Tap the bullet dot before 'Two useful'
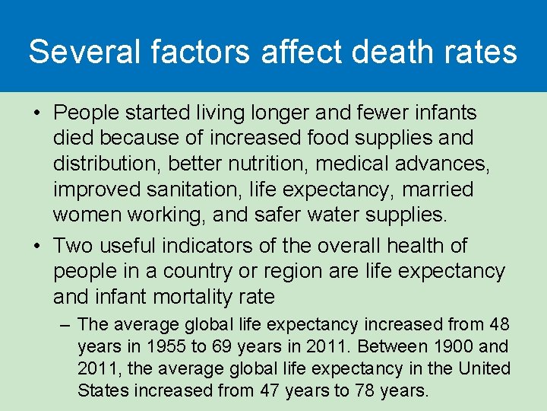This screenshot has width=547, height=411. point(36,247)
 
